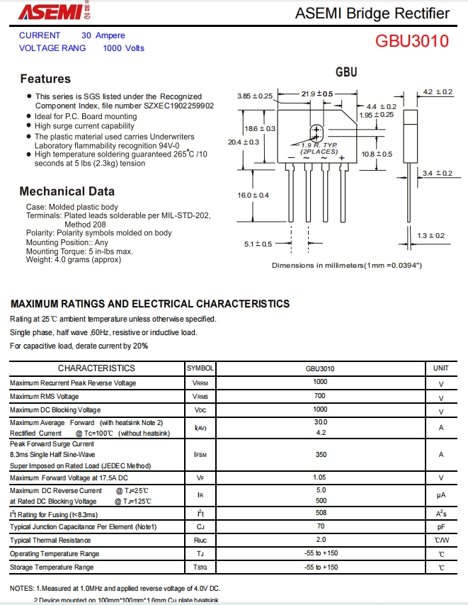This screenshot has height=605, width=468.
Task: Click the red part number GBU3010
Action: (x=412, y=41)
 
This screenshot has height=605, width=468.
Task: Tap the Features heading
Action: (x=45, y=79)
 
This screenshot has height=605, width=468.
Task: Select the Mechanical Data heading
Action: (x=67, y=191)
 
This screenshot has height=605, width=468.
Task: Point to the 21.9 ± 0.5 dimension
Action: (x=316, y=94)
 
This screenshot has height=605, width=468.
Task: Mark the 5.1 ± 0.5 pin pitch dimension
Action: (x=258, y=244)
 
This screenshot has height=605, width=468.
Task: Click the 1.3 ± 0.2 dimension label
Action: (x=431, y=235)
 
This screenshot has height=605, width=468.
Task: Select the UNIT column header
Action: (x=440, y=368)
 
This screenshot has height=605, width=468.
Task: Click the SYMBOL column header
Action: (x=200, y=368)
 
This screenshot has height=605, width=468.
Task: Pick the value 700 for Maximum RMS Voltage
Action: (x=320, y=397)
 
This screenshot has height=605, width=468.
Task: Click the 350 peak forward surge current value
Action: (x=321, y=454)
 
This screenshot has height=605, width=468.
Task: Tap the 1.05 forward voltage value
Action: (x=321, y=478)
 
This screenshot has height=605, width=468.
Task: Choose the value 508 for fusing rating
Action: (x=321, y=513)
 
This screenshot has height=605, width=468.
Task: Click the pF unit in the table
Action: (x=440, y=527)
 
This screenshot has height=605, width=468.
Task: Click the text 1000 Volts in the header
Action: (x=123, y=48)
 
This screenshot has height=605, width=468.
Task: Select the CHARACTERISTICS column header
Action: (x=96, y=368)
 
